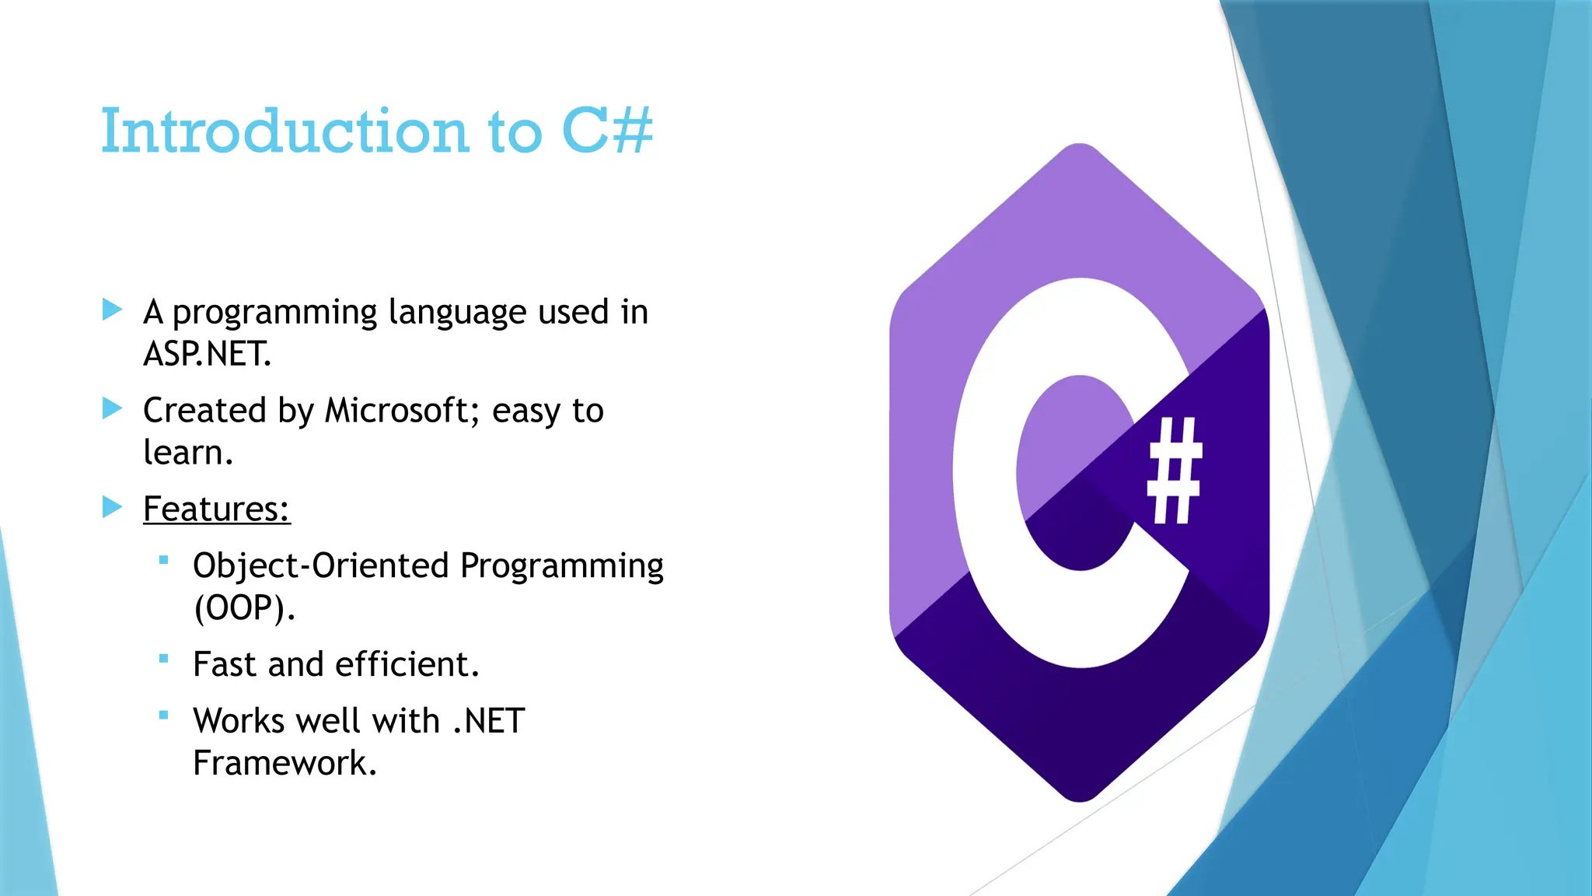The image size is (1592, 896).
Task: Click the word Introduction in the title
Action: point(285,131)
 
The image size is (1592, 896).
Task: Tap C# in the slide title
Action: point(607,131)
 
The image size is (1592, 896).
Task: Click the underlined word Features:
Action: point(216,509)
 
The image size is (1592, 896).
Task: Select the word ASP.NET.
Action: point(207,354)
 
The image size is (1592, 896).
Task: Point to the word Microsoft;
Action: point(397,410)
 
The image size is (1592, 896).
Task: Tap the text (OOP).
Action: point(244,607)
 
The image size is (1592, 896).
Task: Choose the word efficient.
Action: point(407,664)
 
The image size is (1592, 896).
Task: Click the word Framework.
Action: point(285,763)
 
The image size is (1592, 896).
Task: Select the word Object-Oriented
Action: point(321,565)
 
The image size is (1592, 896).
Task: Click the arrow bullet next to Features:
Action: point(113,507)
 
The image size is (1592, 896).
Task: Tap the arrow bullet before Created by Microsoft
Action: point(113,408)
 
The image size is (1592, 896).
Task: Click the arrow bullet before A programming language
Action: point(113,310)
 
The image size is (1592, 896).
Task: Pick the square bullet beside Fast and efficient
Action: point(163,659)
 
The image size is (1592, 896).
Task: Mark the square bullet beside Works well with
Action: point(163,716)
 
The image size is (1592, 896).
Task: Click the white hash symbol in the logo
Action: point(1175,471)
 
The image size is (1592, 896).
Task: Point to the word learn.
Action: point(188,453)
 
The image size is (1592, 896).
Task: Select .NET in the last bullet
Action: point(489,721)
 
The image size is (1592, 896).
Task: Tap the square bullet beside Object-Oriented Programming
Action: point(163,560)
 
